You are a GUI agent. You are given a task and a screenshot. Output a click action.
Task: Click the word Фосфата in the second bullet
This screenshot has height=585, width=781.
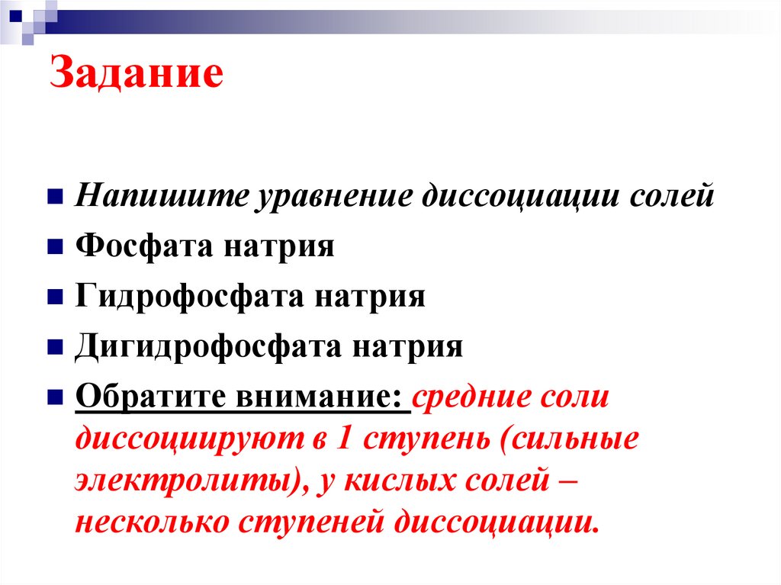coord(144,247)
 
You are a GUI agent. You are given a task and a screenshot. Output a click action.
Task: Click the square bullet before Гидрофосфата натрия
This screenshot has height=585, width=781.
coord(55,297)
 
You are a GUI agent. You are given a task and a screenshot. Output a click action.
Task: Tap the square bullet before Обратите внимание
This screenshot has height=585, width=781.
coord(55,397)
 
